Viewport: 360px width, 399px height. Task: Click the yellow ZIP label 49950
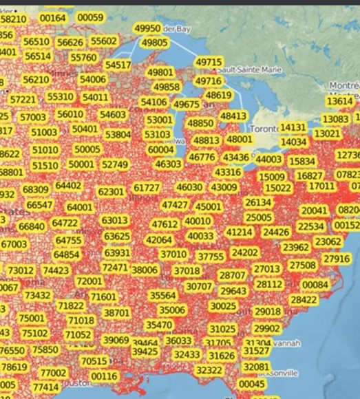tap(147, 28)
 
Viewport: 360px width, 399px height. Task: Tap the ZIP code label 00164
tap(53, 18)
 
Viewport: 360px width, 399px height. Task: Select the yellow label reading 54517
tap(118, 65)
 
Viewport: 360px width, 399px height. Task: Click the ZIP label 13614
tap(339, 101)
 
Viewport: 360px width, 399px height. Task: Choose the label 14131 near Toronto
tap(293, 128)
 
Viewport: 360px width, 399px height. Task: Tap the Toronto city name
tap(263, 129)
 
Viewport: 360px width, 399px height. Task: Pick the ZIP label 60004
tap(161, 149)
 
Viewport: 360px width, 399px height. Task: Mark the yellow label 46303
tap(169, 164)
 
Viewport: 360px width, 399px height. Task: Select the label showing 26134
tap(258, 202)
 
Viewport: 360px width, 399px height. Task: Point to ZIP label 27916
tap(337, 259)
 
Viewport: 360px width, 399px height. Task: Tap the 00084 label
tap(315, 285)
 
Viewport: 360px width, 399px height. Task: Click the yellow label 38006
tap(145, 270)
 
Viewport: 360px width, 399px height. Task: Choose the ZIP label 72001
tap(89, 281)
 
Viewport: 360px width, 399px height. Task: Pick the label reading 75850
tap(45, 349)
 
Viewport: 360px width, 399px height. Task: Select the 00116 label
tap(104, 376)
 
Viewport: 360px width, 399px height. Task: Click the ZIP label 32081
tap(256, 367)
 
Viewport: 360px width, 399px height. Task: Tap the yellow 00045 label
tap(253, 384)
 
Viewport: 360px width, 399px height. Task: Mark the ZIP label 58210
tap(14, 19)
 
